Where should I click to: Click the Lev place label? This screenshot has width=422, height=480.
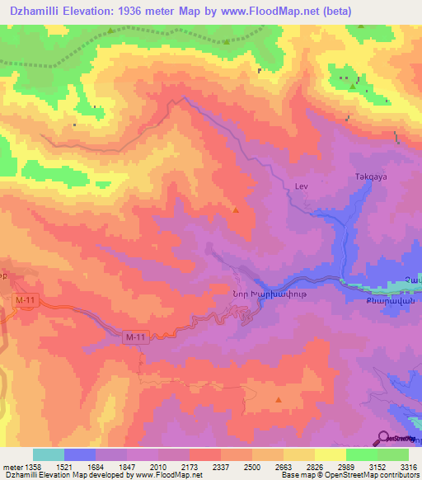coord(301,187)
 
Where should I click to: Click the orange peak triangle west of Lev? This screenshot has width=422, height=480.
coord(237,209)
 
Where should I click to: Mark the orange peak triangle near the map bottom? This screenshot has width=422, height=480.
coord(279,400)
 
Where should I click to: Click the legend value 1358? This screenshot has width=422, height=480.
coord(32,468)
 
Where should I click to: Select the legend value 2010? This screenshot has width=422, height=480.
coord(158,468)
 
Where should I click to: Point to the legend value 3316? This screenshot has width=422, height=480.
coord(407,468)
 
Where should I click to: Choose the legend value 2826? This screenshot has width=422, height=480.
coord(314,468)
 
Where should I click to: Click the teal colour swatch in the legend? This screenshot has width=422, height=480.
coord(48,454)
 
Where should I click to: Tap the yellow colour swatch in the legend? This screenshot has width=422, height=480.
coord(330,454)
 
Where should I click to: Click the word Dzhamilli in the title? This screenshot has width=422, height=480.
coord(34,11)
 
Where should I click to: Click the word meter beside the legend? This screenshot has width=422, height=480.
coord(11,468)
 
